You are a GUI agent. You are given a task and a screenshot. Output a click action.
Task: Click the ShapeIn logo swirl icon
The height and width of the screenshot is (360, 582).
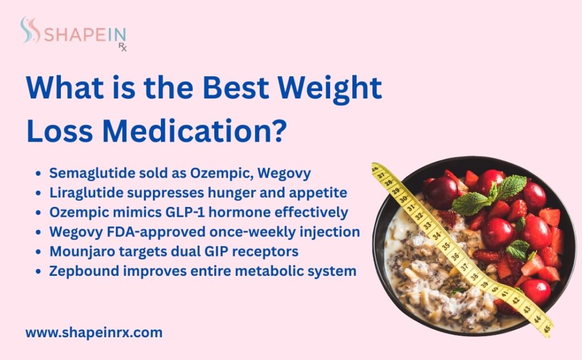(x=29, y=30)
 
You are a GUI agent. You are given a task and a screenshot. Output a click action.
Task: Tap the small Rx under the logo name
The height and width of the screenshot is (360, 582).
(x=122, y=48)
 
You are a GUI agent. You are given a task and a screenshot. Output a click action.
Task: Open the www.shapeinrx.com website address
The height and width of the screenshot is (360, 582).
(x=94, y=333)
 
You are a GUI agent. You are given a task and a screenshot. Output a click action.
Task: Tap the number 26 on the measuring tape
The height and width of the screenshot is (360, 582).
(x=376, y=169)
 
